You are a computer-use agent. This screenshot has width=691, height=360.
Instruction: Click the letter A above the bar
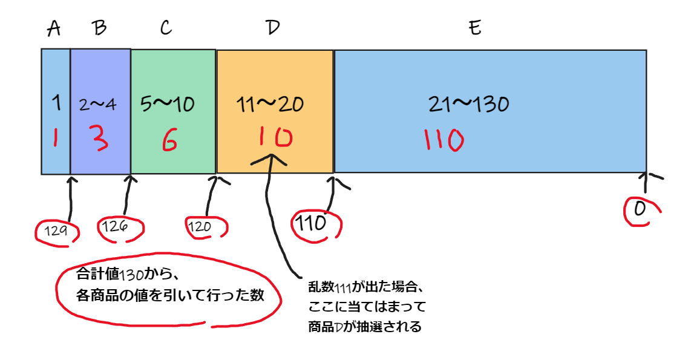pyautogui.click(x=54, y=29)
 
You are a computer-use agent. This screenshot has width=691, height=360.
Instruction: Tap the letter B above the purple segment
pyautogui.click(x=100, y=29)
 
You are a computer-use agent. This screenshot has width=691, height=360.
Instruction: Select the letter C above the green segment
pyautogui.click(x=166, y=29)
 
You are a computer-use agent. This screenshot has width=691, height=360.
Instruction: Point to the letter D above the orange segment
pyautogui.click(x=273, y=29)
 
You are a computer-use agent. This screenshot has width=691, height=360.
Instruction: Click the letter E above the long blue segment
pyautogui.click(x=475, y=29)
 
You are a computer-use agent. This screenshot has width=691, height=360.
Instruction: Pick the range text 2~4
pyautogui.click(x=97, y=104)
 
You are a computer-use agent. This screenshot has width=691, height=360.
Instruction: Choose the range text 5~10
pyautogui.click(x=167, y=104)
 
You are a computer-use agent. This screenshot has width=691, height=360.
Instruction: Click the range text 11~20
pyautogui.click(x=270, y=104)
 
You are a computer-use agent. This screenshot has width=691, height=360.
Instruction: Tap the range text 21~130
pyautogui.click(x=468, y=104)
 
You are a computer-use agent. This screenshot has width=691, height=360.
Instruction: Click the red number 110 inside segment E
pyautogui.click(x=444, y=140)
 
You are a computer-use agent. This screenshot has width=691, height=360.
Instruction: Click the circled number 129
pyautogui.click(x=56, y=231)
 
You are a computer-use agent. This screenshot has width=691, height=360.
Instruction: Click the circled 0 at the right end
pyautogui.click(x=640, y=210)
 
